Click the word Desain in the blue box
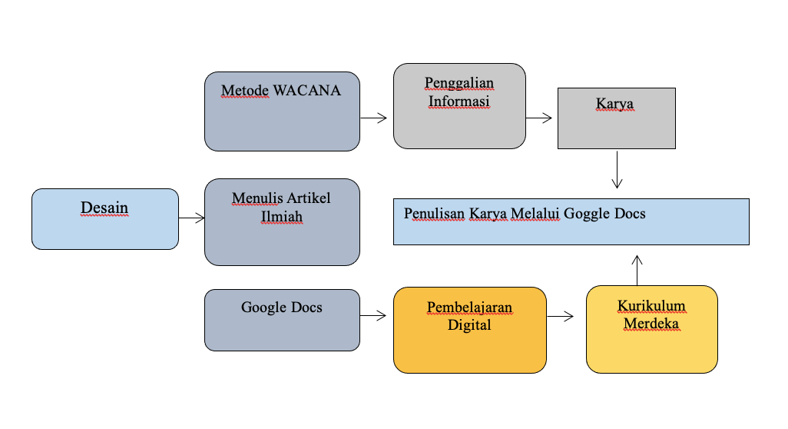(x=104, y=208)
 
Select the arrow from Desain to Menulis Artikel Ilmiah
(x=191, y=218)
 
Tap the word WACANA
(x=307, y=91)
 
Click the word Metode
(x=245, y=91)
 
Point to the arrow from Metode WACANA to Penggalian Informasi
(x=373, y=118)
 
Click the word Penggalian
(x=459, y=83)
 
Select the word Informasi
(x=459, y=101)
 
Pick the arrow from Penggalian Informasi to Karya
(x=538, y=118)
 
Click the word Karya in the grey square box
(x=614, y=104)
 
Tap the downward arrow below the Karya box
(x=617, y=169)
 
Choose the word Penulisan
(x=434, y=214)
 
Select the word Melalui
(x=535, y=214)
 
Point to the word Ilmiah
(x=281, y=217)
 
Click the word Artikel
(x=309, y=198)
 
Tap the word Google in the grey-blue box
(x=262, y=308)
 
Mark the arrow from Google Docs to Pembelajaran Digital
(x=373, y=316)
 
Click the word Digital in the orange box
(x=469, y=325)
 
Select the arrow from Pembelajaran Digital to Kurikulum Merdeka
(x=560, y=316)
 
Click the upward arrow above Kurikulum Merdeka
(x=637, y=270)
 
